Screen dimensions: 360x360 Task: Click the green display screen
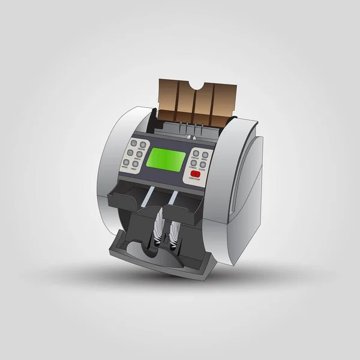(165, 159)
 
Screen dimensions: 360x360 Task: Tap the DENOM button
(143, 145)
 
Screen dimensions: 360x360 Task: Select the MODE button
(126, 162)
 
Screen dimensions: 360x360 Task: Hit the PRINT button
(136, 164)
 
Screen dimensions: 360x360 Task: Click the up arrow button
(134, 143)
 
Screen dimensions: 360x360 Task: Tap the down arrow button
(130, 152)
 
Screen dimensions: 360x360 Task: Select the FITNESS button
(194, 163)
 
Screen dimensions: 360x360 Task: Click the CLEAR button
(203, 164)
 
